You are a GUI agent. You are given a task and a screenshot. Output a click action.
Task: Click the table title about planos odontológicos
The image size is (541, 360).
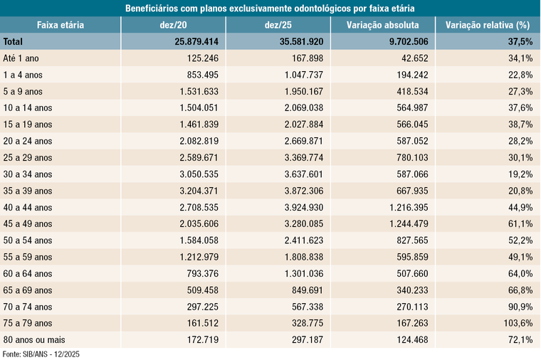click(270, 9)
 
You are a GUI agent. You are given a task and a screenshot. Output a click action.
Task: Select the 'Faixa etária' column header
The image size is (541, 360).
click(61, 26)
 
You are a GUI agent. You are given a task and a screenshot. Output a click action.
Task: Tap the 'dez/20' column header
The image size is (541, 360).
click(174, 26)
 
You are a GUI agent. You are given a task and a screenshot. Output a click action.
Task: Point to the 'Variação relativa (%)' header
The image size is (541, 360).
click(488, 26)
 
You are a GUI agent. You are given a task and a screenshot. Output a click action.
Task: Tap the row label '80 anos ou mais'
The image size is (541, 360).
click(34, 340)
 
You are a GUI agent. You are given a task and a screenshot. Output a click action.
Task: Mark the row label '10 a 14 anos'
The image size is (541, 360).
click(28, 108)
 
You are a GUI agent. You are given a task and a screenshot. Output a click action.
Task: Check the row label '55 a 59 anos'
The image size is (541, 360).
click(28, 258)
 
